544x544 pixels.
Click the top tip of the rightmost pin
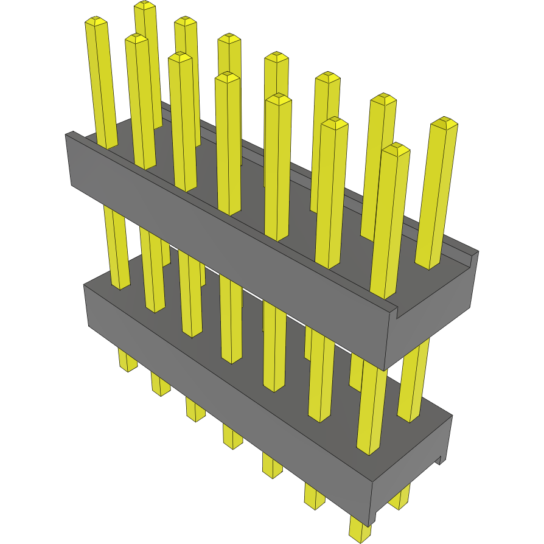444,122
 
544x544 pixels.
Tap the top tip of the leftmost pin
96,23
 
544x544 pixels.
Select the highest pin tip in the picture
145,5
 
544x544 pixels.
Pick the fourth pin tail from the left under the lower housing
232,437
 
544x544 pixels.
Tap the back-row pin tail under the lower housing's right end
400,499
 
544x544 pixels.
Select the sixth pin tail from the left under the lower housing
315,497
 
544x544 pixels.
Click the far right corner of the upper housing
478,252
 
